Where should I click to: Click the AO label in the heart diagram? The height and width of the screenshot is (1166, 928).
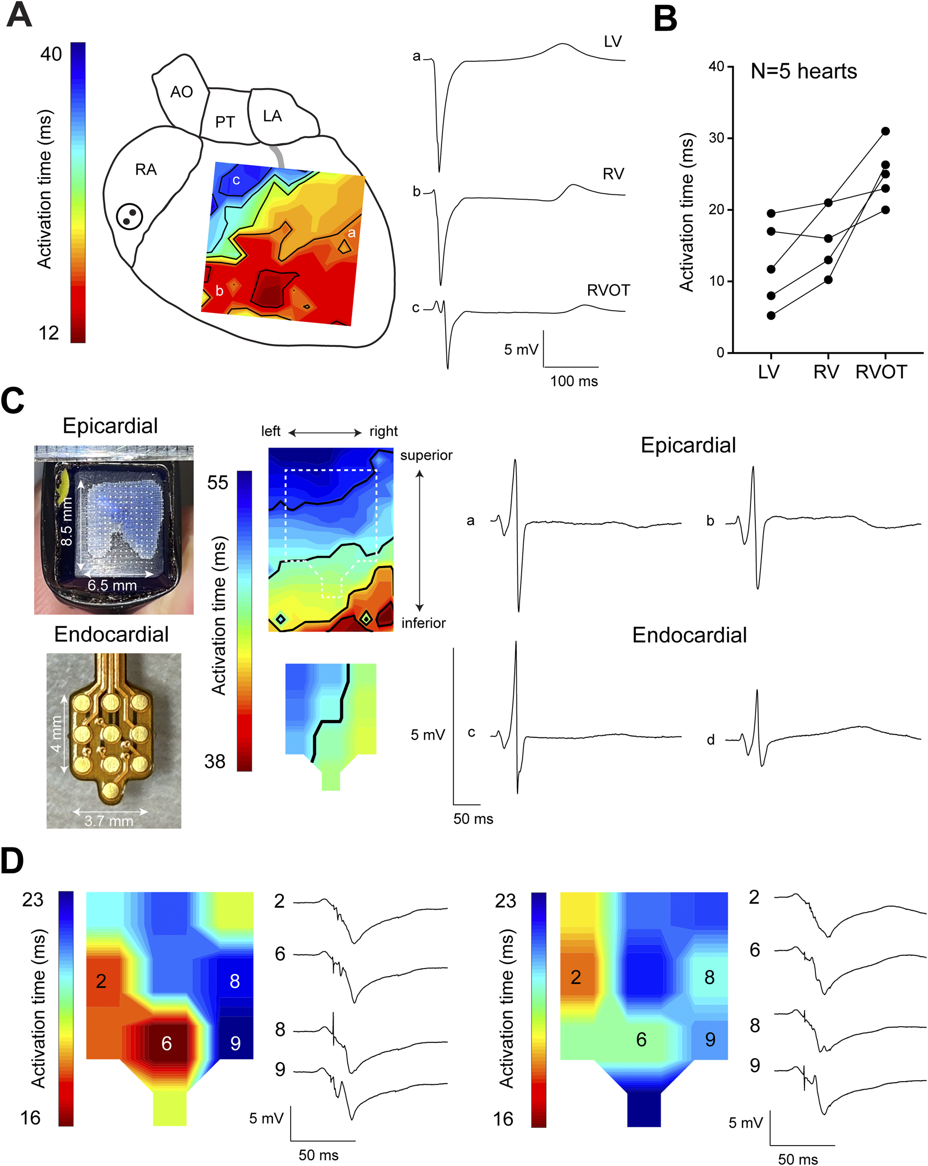pos(182,92)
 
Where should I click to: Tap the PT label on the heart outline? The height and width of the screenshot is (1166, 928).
pos(225,122)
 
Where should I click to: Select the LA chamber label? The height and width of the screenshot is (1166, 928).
pos(272,116)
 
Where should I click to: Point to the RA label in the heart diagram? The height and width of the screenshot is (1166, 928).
pos(146,170)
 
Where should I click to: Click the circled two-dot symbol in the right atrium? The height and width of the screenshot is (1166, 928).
pos(130,217)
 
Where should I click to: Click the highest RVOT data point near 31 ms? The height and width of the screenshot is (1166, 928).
pos(885,132)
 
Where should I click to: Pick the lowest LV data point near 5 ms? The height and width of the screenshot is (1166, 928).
pos(771,315)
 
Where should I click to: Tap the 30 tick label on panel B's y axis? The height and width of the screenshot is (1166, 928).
pos(716,138)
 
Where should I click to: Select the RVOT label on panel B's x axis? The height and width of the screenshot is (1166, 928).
pos(881,372)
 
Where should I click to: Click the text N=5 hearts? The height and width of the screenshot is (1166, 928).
pos(804,71)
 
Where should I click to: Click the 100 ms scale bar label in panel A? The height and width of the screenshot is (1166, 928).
pos(574,382)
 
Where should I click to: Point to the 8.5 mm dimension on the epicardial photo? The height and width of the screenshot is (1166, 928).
pos(67,521)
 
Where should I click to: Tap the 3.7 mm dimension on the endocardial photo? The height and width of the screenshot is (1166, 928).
pos(108,821)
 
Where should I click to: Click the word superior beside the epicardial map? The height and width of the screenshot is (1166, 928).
pos(426,455)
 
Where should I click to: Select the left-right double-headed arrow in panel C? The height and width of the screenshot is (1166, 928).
pos(325,432)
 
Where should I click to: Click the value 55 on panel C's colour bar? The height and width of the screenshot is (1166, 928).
pos(217,483)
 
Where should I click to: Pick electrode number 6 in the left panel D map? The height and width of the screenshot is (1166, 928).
pos(167,1043)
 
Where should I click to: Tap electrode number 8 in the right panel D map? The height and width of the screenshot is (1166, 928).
pos(710,977)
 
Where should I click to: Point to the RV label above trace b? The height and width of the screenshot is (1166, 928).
pos(613,174)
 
